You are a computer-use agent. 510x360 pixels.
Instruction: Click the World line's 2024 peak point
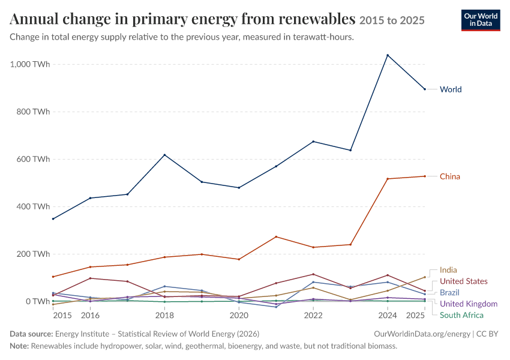tap(388, 55)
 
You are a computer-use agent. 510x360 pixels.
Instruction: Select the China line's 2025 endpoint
tap(425, 176)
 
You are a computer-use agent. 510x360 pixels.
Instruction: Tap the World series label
tap(451, 89)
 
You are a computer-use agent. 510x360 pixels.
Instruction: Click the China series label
tap(450, 176)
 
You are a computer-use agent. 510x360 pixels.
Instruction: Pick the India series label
tap(448, 270)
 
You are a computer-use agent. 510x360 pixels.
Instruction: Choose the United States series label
tap(463, 281)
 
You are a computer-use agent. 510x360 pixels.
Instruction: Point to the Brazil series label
tap(449, 293)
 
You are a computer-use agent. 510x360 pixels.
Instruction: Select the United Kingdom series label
tap(469, 304)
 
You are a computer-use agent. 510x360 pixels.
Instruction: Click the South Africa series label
tap(461, 315)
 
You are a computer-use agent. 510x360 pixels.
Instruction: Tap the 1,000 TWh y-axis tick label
tap(30, 64)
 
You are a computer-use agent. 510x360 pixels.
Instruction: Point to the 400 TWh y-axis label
tap(33, 206)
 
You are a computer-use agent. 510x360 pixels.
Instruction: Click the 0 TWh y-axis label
tap(38, 301)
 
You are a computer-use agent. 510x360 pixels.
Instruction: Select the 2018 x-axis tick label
tap(164, 316)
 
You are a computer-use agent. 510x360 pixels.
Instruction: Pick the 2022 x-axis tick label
tap(313, 316)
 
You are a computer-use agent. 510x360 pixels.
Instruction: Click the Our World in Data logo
tap(481, 20)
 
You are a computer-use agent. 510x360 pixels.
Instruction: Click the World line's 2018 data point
tap(164, 155)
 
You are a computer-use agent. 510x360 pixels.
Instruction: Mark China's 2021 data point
tap(276, 237)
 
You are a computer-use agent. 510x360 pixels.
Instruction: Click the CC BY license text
tap(487, 334)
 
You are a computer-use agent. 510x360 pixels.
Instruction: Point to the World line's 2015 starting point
tap(53, 219)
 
